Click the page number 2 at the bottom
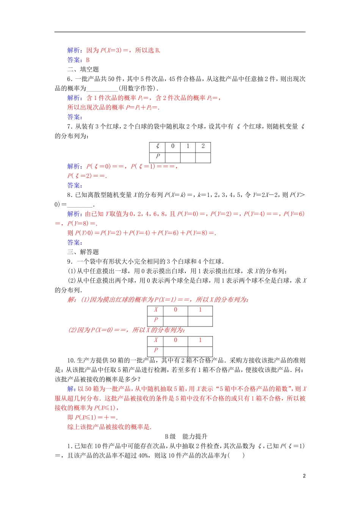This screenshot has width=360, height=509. pyautogui.click(x=304, y=476)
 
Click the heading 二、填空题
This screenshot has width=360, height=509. pyautogui.click(x=83, y=69)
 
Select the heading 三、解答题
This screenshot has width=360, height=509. pyautogui.click(x=83, y=252)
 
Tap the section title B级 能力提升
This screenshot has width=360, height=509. pyautogui.click(x=186, y=436)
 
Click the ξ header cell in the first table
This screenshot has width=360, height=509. pyautogui.click(x=158, y=147)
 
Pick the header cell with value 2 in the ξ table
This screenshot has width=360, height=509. pyautogui.click(x=203, y=147)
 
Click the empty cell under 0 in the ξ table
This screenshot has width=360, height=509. pyautogui.click(x=173, y=157)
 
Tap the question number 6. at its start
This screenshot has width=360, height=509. pyautogui.click(x=70, y=79)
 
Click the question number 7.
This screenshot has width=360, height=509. pyautogui.click(x=70, y=126)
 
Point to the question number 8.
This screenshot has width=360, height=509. pyautogui.click(x=70, y=195)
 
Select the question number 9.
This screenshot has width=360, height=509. pyautogui.click(x=70, y=262)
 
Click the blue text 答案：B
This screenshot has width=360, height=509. pyautogui.click(x=78, y=60)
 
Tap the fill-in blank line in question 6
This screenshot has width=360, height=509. pyautogui.click(x=102, y=89)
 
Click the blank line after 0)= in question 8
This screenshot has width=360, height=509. pyautogui.click(x=80, y=205)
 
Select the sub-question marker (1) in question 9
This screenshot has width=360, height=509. pyautogui.click(x=72, y=271)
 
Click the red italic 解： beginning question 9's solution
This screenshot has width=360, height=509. pyautogui.click(x=72, y=300)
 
